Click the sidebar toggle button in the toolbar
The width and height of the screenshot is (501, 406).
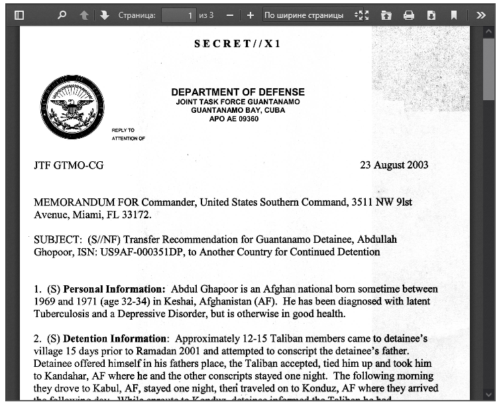pos(19,15)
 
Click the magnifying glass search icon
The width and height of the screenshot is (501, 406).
pos(62,15)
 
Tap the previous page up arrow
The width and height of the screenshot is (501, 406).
pos(84,15)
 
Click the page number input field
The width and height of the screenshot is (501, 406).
pos(178,15)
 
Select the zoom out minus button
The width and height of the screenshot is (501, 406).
pos(230,15)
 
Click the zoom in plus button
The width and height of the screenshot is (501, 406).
pos(250,15)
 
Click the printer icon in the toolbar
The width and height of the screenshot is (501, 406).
pos(409,15)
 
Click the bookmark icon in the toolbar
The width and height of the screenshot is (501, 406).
pos(454,15)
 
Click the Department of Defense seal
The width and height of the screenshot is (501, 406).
pos(72,107)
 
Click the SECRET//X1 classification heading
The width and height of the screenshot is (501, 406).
pos(237,44)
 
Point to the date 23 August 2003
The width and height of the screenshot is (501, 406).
pos(394,165)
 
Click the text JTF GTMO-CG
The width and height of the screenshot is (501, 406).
pos(69,165)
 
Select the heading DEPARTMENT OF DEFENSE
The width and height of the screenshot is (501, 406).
pos(238,92)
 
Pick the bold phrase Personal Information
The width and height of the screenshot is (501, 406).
pos(114,289)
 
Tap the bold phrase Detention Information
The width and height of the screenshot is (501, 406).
pos(115,338)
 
